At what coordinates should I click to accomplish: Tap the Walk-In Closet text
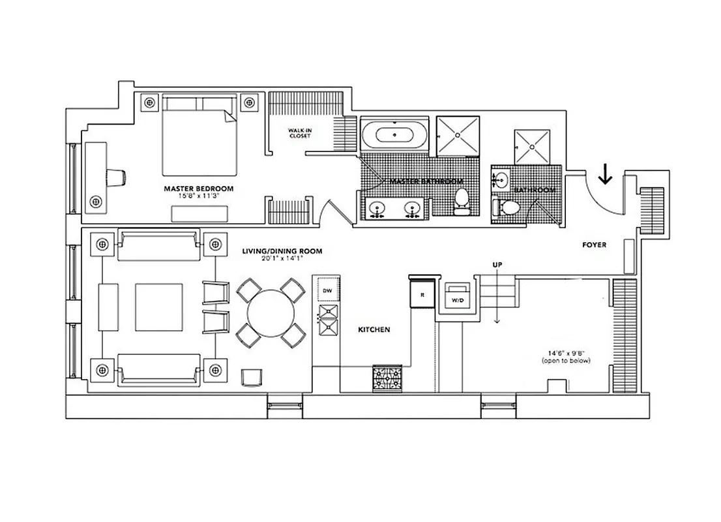300,134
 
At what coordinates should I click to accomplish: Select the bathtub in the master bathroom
394,137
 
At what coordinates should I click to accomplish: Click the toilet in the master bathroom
462,201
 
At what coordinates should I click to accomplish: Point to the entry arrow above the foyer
606,174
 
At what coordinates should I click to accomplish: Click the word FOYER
594,245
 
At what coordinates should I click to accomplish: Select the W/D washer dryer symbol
457,297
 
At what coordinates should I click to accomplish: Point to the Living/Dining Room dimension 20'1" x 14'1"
282,258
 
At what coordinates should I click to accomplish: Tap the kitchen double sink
328,320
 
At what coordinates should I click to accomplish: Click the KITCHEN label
374,330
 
